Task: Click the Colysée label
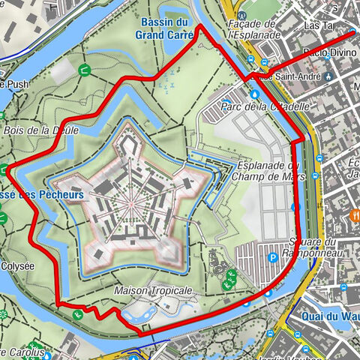18,265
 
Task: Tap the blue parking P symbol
274,257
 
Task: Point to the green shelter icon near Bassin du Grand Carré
84,70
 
